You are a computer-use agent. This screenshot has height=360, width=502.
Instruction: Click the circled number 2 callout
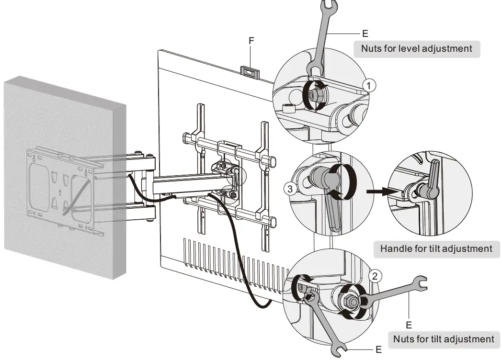[x=376, y=276]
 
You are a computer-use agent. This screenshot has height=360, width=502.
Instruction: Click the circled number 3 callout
[x=288, y=189]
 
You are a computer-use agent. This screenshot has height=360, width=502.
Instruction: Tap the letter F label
[x=251, y=42]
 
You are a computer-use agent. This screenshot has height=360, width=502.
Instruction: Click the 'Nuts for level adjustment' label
[x=416, y=48]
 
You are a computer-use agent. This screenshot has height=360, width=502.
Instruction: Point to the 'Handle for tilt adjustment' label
[x=436, y=248]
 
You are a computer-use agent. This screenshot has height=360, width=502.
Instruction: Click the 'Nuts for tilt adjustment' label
[x=443, y=339]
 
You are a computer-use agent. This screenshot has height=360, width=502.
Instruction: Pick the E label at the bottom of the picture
[x=378, y=350]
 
